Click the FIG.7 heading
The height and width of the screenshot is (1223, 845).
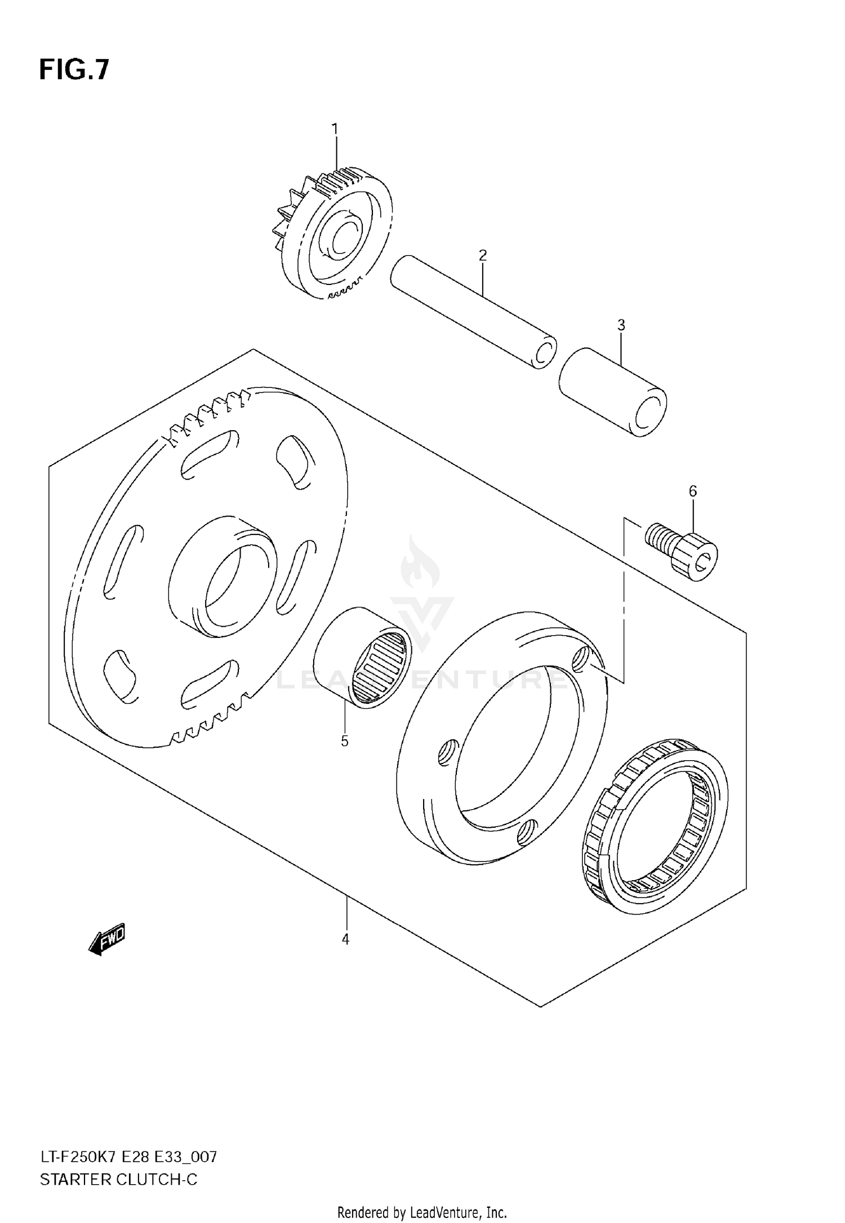74,70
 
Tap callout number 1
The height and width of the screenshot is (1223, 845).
335,130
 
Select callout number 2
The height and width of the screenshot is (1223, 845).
482,256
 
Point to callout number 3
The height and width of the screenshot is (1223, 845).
621,325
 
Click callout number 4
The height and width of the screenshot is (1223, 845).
345,939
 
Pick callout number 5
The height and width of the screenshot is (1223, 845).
345,741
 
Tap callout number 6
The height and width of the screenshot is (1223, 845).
692,491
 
